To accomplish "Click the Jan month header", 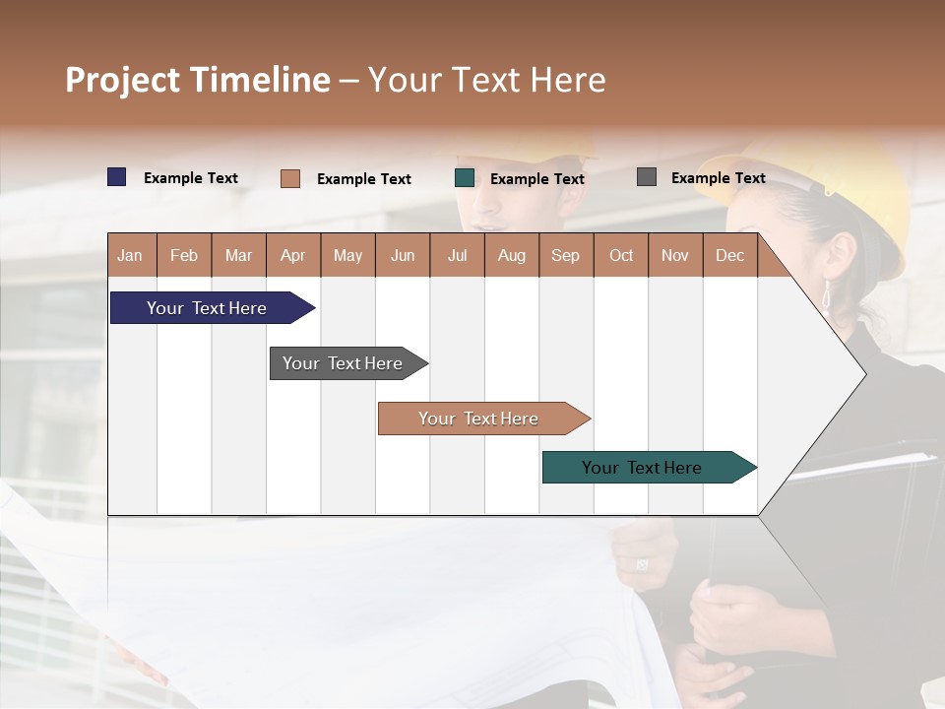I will [131, 255].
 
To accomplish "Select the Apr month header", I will [293, 255].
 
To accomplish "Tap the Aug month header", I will [511, 255].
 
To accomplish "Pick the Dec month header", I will [729, 255].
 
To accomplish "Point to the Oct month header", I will [620, 255].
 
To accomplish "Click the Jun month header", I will [403, 255].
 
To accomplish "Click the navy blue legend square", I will [117, 177].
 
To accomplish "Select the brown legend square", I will [290, 178].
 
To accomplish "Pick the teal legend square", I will [465, 177].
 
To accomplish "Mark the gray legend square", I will [647, 177].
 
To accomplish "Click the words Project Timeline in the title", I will [197, 80].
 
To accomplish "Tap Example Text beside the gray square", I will [718, 178].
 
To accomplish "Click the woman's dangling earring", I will [826, 294].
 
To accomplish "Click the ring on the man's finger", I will [642, 563].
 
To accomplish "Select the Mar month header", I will [238, 255].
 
